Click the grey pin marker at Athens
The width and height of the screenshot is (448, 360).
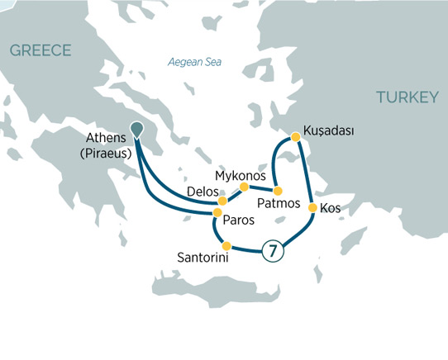[136, 130]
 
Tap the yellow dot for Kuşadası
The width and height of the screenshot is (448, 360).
[293, 136]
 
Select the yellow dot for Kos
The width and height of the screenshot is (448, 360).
[312, 208]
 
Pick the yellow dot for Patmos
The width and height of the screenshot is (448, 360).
[278, 191]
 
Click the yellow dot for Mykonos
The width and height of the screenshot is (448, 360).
[244, 186]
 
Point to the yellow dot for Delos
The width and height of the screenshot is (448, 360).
[222, 201]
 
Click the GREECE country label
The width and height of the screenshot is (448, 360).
[41, 51]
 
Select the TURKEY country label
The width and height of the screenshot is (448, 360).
[407, 97]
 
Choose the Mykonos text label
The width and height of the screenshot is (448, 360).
[240, 177]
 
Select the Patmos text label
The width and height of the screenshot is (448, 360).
[279, 204]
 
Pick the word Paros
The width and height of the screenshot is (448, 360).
[238, 221]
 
